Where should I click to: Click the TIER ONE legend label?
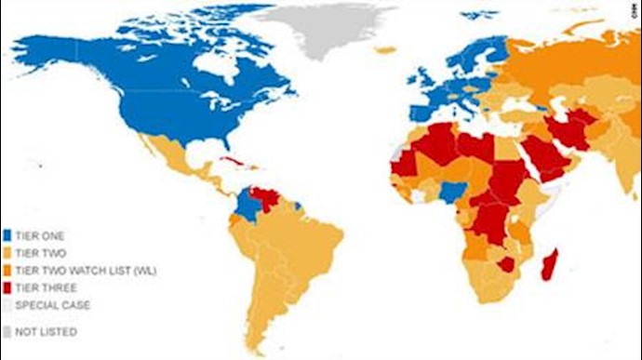pos(36,236)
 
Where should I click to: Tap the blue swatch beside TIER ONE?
pos(7,236)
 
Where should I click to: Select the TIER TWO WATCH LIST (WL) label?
pos(72,269)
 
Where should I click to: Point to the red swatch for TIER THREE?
pos(7,286)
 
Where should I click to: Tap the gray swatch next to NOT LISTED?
pos(7,331)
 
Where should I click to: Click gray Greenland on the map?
pos(316,28)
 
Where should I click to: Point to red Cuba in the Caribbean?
pos(234,164)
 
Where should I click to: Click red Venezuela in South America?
pos(267,201)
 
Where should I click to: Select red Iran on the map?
pos(568,131)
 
